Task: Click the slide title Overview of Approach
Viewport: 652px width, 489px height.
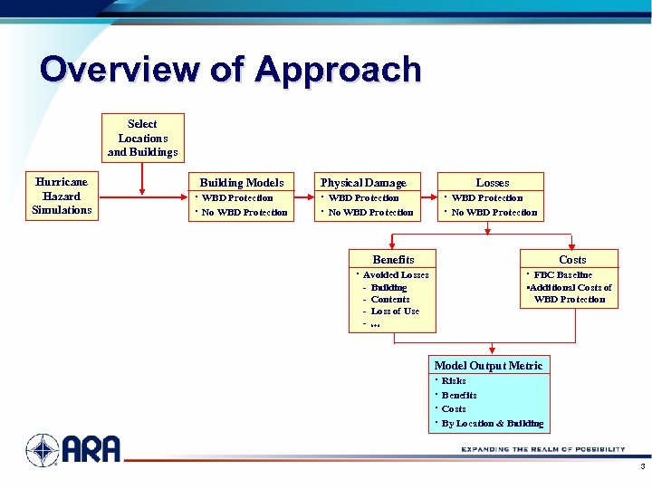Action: point(231,71)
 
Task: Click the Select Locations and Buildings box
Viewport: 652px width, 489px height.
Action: point(142,138)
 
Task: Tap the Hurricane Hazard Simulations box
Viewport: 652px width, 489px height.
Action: point(62,197)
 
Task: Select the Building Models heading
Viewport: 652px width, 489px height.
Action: point(241,182)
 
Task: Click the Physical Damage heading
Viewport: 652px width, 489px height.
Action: point(364,182)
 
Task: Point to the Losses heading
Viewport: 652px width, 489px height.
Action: point(492,182)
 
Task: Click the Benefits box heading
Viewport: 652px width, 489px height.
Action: point(393,259)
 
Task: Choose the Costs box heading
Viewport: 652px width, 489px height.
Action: point(571,259)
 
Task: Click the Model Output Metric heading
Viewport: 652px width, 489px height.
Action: point(488,365)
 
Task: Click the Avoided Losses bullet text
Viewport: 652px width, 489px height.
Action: point(396,274)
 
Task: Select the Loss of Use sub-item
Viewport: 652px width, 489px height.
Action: point(395,312)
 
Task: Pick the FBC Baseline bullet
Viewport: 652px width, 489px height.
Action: point(562,274)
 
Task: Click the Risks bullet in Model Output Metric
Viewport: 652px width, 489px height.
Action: point(454,381)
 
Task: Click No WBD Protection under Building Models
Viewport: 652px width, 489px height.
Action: point(244,213)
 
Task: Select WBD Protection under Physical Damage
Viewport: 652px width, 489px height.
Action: point(363,197)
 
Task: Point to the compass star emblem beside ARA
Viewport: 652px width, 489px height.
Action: point(43,449)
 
